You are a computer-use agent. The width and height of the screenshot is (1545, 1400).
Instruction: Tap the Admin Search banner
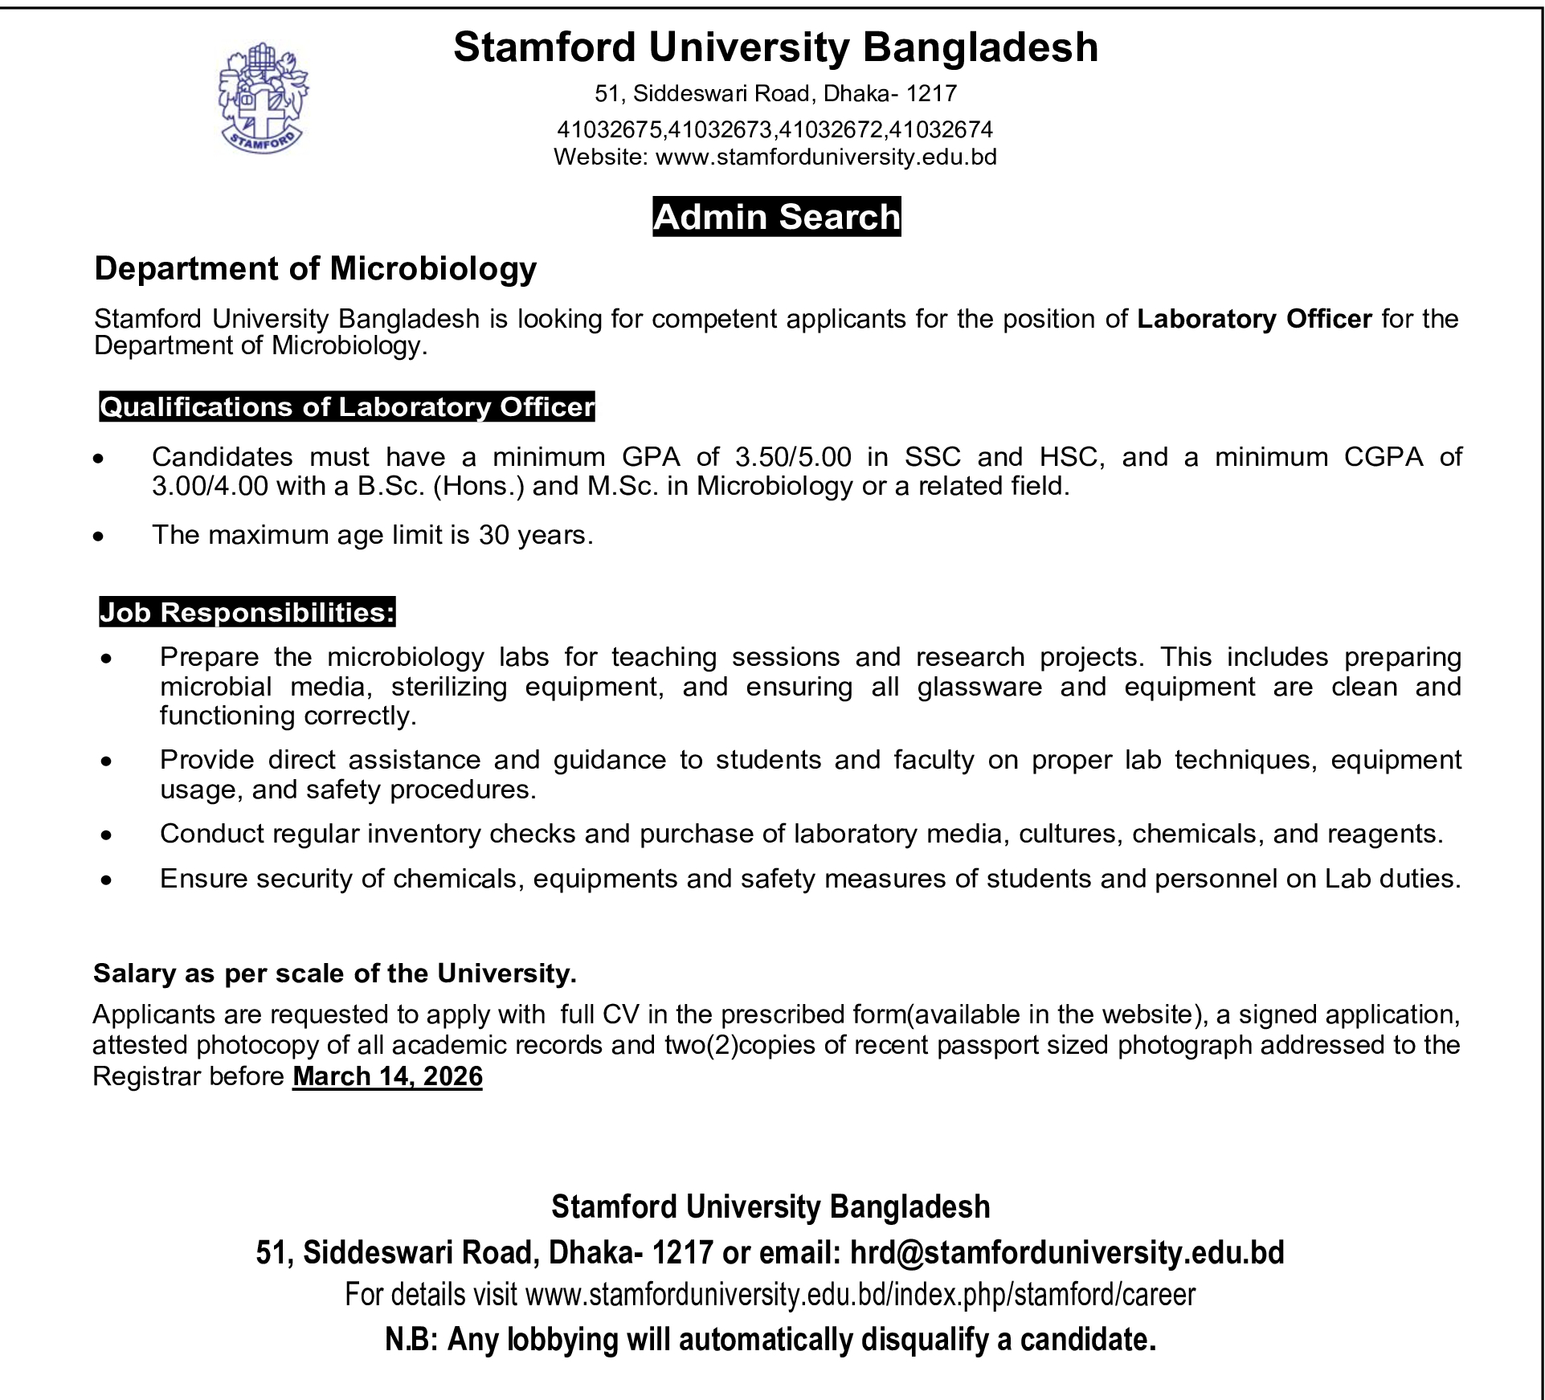(776, 217)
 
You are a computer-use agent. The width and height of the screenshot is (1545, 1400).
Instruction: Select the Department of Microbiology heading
(315, 268)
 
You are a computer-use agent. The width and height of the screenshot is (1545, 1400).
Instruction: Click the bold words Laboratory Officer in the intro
(1253, 319)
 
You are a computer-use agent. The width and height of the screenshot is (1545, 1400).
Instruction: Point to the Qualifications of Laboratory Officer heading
(346, 407)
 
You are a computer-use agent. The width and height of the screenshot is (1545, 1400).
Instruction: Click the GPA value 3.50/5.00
(792, 457)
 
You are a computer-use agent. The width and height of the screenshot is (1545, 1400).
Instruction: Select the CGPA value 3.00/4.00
(210, 486)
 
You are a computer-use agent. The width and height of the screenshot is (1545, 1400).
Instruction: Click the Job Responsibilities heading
(247, 613)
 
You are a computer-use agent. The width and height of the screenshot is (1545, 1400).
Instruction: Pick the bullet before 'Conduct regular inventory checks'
(106, 835)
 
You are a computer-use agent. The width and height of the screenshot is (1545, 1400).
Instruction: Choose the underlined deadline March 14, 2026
(387, 1076)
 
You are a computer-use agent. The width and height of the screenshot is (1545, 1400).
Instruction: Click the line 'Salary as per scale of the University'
(335, 973)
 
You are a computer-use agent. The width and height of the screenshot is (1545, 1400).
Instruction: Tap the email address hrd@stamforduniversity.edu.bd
(1067, 1252)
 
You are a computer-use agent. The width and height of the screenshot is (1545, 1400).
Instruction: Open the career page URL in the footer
(860, 1295)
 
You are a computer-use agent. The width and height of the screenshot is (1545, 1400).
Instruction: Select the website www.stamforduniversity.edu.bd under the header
(826, 157)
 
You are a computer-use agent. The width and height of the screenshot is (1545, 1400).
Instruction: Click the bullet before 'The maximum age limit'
(98, 536)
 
